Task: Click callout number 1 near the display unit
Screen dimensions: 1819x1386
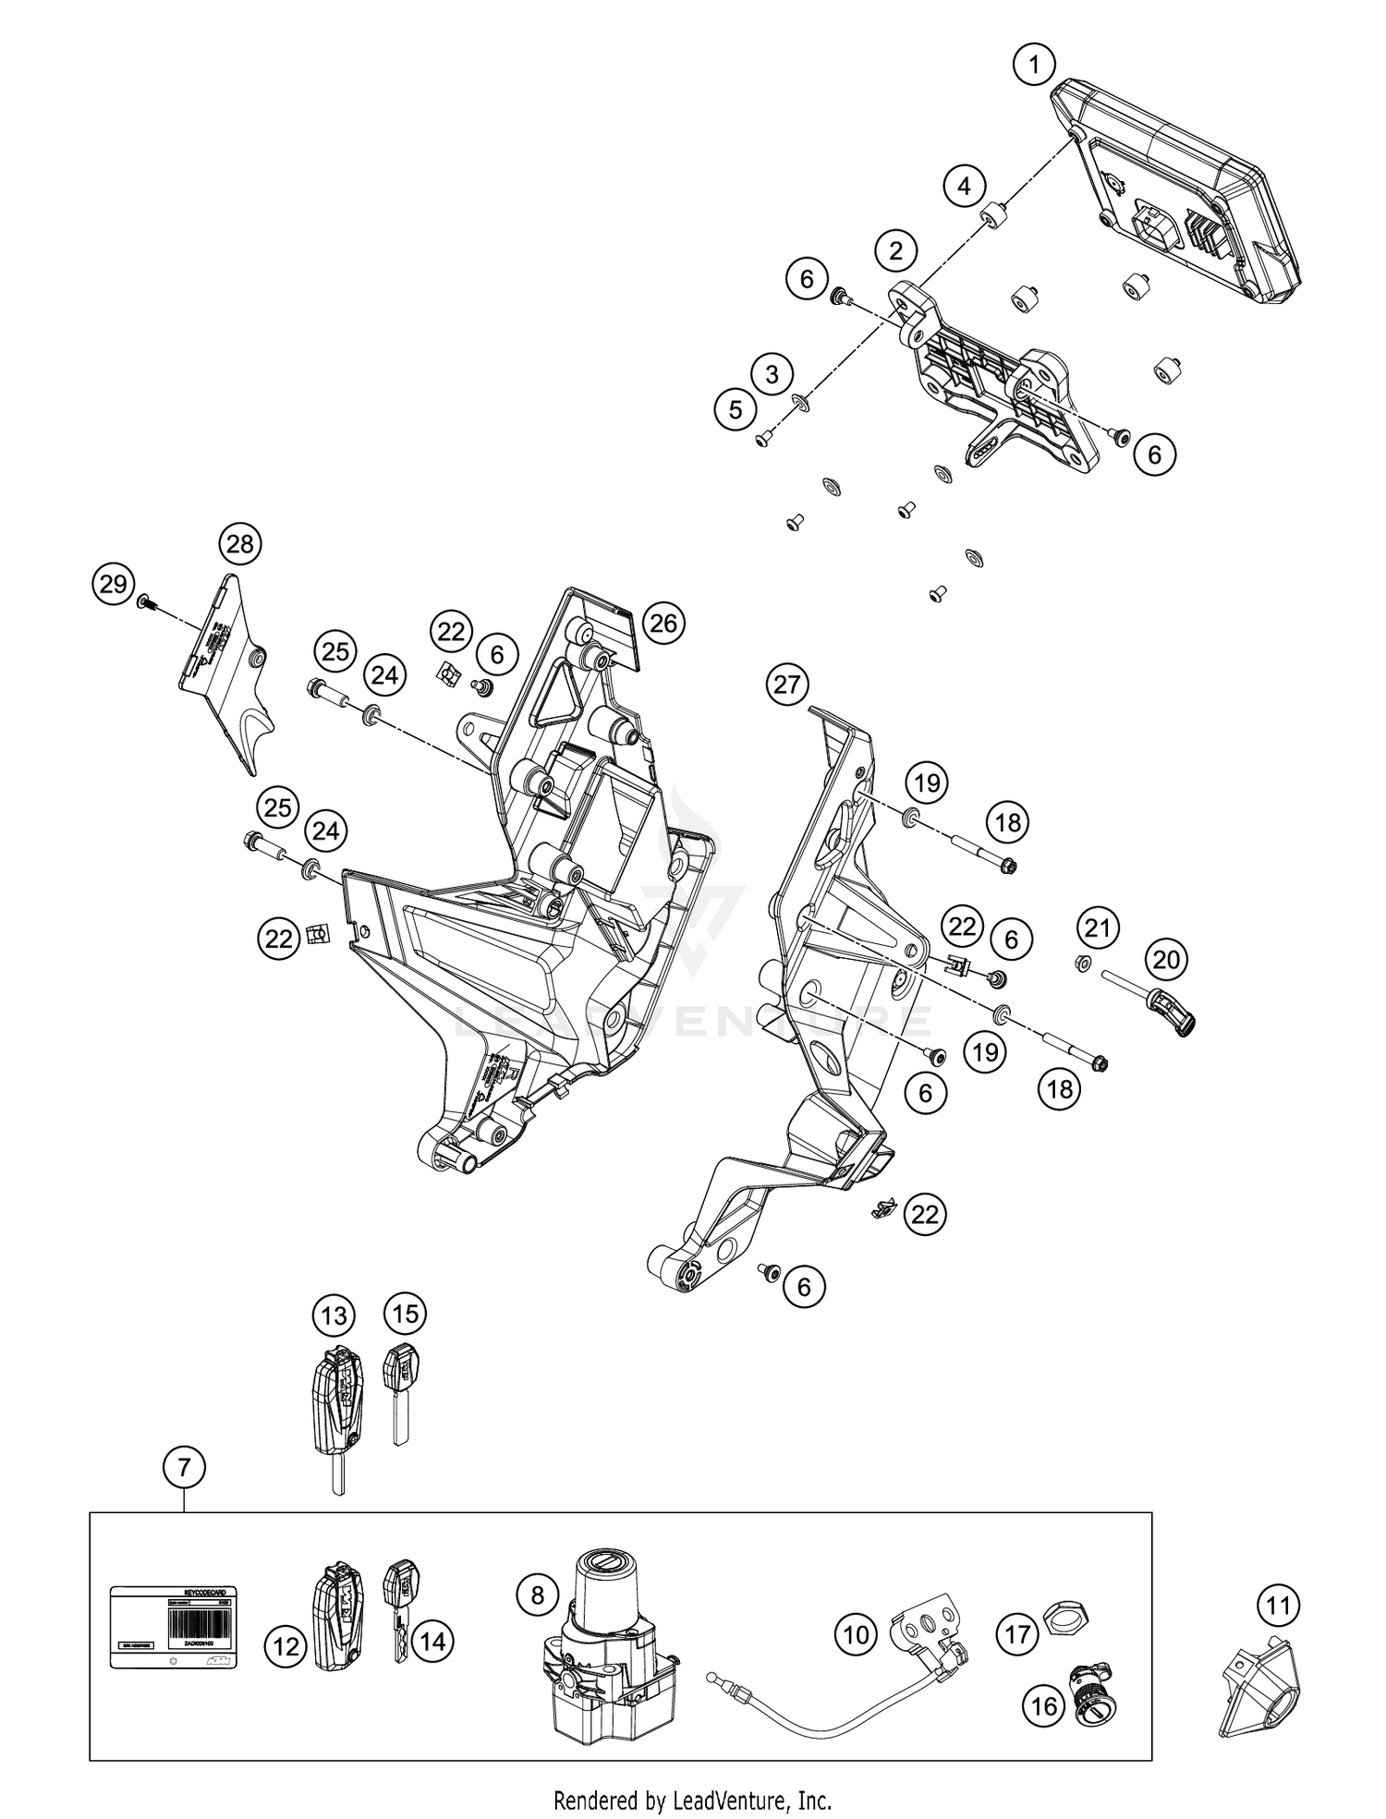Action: (x=1034, y=66)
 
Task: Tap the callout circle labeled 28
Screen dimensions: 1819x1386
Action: (x=239, y=544)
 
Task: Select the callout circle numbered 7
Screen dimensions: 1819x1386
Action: (x=184, y=1466)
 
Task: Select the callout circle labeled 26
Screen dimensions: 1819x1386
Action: (x=663, y=624)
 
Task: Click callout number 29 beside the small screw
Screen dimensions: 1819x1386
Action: (x=113, y=585)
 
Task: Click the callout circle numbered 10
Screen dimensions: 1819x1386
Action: (x=856, y=1634)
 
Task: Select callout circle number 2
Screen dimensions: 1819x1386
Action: (x=895, y=250)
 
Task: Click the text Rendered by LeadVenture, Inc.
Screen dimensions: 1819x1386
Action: (x=692, y=1801)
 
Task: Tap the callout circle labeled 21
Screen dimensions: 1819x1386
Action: (x=1097, y=927)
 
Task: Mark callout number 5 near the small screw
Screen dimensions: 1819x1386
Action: (x=736, y=409)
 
